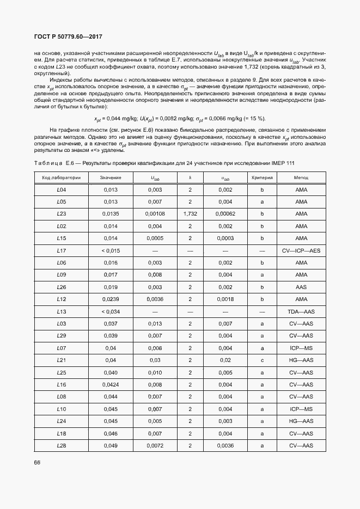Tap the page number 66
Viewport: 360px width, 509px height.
click(x=37, y=462)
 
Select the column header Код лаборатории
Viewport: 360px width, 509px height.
click(x=62, y=177)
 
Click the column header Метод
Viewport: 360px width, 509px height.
click(x=301, y=177)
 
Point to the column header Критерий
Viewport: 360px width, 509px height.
click(x=262, y=177)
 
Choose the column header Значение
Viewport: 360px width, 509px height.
click(x=111, y=177)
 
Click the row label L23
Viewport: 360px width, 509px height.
click(x=62, y=214)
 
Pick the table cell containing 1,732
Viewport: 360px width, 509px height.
click(x=190, y=214)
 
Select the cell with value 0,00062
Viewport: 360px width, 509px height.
click(x=225, y=214)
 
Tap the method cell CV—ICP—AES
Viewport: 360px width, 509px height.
click(x=301, y=250)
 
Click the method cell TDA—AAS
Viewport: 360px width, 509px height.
click(x=301, y=311)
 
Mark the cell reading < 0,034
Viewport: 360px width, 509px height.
click(x=111, y=311)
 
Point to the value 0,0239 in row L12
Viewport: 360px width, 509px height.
click(x=111, y=299)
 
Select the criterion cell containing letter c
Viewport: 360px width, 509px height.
click(x=262, y=360)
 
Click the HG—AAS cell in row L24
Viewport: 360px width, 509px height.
click(x=301, y=421)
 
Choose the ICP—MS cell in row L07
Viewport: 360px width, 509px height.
click(x=301, y=348)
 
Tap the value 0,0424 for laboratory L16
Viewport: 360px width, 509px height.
click(x=111, y=385)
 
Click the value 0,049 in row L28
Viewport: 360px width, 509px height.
click(x=111, y=446)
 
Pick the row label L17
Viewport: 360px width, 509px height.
click(x=62, y=250)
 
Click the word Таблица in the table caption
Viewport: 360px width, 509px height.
click(x=48, y=163)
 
